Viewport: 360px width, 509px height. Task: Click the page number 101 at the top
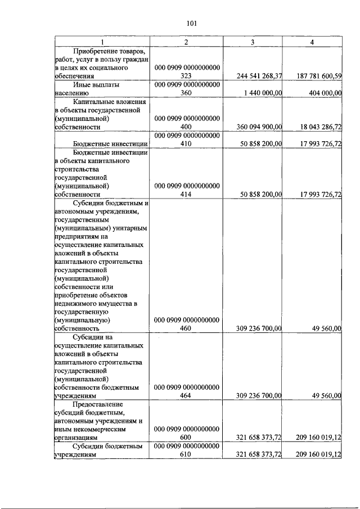[x=191, y=23]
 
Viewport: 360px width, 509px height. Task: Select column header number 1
[x=102, y=43]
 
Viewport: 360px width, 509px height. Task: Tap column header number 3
[x=253, y=43]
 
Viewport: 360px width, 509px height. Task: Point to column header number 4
[x=312, y=43]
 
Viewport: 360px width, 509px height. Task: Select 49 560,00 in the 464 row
[x=327, y=396]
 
